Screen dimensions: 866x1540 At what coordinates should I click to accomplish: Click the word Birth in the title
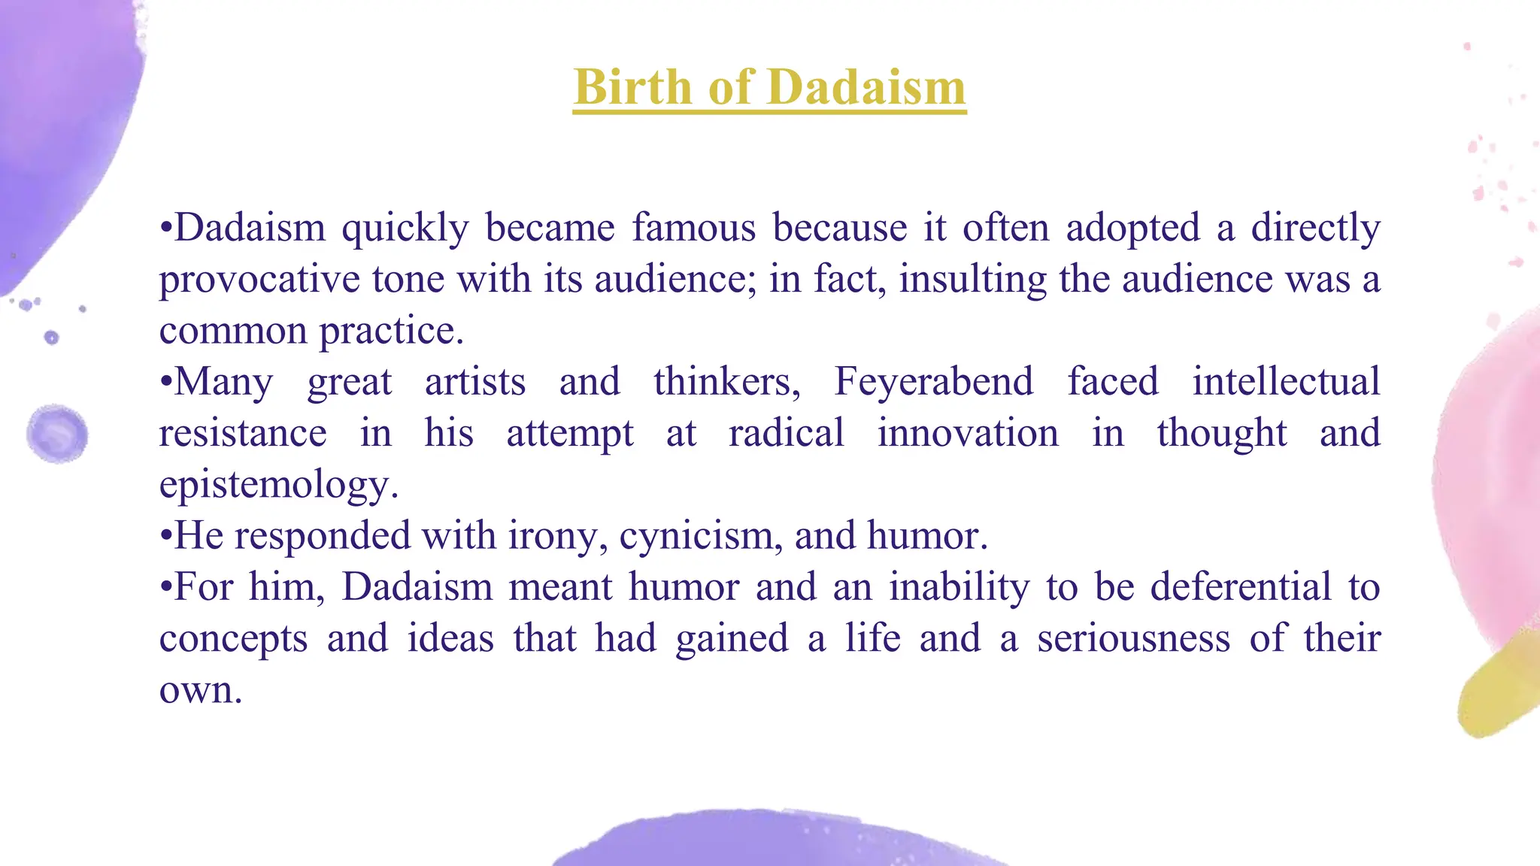pos(632,87)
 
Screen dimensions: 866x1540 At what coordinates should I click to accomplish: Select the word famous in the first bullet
pos(693,227)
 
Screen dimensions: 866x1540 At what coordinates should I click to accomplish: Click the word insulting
pos(973,279)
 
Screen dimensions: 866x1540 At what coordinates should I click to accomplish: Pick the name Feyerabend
pos(934,381)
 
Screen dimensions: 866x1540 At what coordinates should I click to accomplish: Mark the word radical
pos(786,433)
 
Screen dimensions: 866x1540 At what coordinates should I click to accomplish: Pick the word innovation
pos(968,433)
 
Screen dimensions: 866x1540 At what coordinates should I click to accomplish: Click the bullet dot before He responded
pos(166,537)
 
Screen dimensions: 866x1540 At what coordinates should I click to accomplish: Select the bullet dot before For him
pos(166,588)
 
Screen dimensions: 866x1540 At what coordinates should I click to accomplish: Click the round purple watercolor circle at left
pos(57,434)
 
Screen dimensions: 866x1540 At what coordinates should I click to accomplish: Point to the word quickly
pos(405,229)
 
